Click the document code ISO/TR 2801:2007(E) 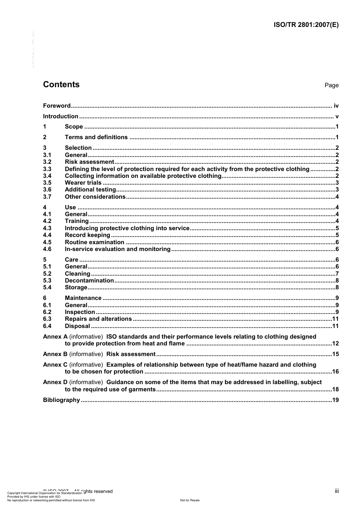tap(306, 25)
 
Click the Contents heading tap(61, 85)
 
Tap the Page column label tap(331, 85)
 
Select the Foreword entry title tap(57, 106)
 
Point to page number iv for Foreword tap(336, 106)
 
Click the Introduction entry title tap(60, 116)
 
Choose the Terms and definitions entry tap(96, 137)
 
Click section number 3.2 tap(47, 162)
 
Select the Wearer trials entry tap(83, 183)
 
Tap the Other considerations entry tap(95, 197)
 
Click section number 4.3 tap(47, 228)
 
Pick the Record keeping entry tap(87, 235)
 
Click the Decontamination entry tap(89, 281)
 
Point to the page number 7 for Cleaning tap(337, 274)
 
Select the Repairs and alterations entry tap(98, 319)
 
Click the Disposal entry tap(78, 326)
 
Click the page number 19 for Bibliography tap(335, 400)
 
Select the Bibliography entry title tap(61, 400)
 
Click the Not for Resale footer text tap(190, 500)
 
